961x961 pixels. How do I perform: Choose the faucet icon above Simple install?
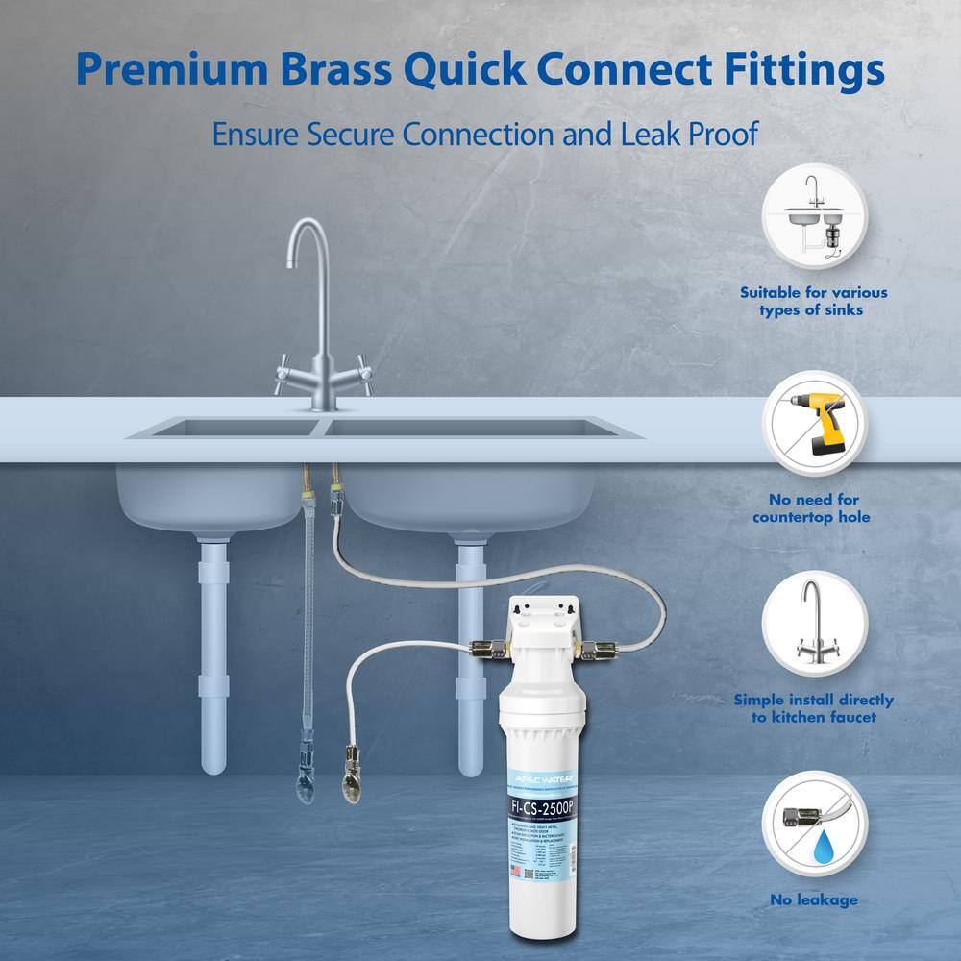[x=813, y=624]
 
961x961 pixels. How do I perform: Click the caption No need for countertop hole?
[x=813, y=508]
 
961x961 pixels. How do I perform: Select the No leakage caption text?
[x=813, y=899]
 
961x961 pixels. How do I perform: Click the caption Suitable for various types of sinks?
[x=813, y=301]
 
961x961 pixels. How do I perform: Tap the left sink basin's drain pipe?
[x=213, y=653]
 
